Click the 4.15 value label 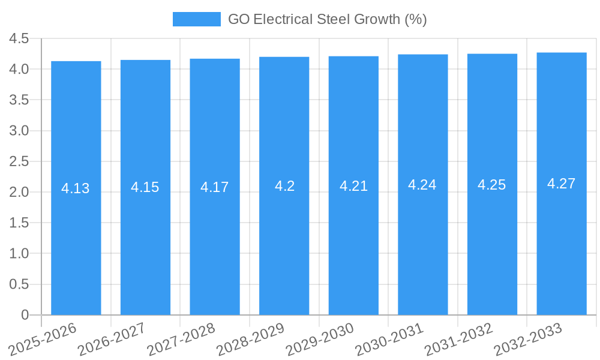pos(145,187)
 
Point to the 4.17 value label pos(215,187)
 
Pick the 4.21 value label pos(353,186)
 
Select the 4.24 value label pos(422,185)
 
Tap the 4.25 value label pos(492,185)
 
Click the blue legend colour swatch pos(196,19)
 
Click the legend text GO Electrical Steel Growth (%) pos(327,19)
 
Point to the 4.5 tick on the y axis pos(19,39)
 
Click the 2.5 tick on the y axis pos(19,161)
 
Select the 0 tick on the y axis pos(25,315)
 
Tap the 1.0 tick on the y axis pos(19,254)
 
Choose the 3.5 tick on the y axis pos(19,100)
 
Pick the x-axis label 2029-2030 pos(320,338)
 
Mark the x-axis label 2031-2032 pos(459,338)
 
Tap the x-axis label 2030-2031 pos(389,338)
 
